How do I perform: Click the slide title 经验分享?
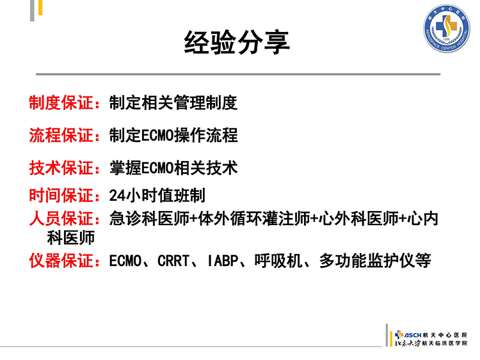click(x=237, y=42)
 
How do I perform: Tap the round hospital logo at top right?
click(x=446, y=28)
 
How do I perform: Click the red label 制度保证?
click(x=62, y=102)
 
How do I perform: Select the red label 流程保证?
click(x=62, y=135)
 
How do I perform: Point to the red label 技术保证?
click(x=62, y=168)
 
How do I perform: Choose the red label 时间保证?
click(x=62, y=195)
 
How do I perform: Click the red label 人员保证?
click(x=62, y=219)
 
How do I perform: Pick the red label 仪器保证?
click(x=62, y=261)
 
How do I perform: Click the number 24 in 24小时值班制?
click(x=117, y=196)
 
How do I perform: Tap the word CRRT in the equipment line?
click(x=173, y=261)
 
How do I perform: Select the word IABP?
click(x=223, y=261)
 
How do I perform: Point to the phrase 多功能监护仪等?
click(x=375, y=261)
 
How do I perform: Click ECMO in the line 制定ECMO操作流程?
click(x=157, y=136)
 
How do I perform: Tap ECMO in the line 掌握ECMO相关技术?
click(x=157, y=168)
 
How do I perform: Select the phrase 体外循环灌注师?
click(x=254, y=219)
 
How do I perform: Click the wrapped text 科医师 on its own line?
click(x=70, y=238)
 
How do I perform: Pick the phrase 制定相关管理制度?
click(x=173, y=102)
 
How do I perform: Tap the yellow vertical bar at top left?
click(x=40, y=7)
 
